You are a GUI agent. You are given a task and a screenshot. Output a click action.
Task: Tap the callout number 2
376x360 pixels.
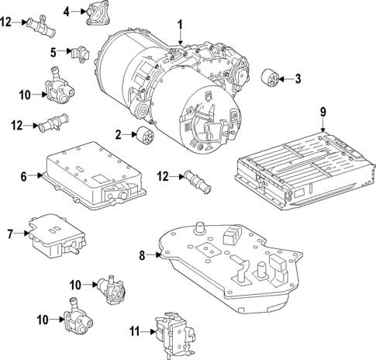click(x=119, y=134)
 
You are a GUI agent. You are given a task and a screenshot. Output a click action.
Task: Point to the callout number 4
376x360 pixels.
click(x=67, y=11)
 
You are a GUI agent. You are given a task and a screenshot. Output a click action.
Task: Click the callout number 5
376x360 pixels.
click(x=54, y=52)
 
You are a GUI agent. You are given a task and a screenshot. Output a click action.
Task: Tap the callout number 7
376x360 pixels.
click(x=11, y=233)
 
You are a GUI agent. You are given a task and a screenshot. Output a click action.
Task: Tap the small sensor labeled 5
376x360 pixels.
click(x=79, y=54)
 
